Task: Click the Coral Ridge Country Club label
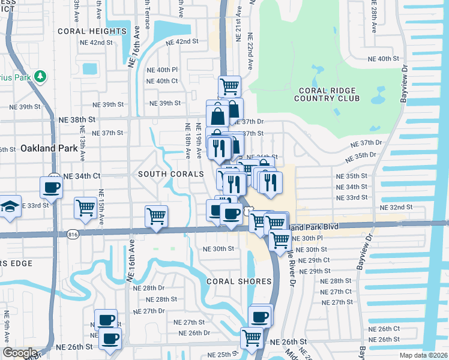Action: point(328,94)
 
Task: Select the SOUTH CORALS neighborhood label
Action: point(166,174)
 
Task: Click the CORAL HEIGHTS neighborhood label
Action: point(92,31)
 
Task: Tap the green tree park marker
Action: point(40,76)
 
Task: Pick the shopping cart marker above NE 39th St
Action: point(230,86)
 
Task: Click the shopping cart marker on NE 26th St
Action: point(252,337)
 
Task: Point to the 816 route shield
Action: point(73,233)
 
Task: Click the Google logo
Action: point(19,353)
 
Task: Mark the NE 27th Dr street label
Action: point(149,311)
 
